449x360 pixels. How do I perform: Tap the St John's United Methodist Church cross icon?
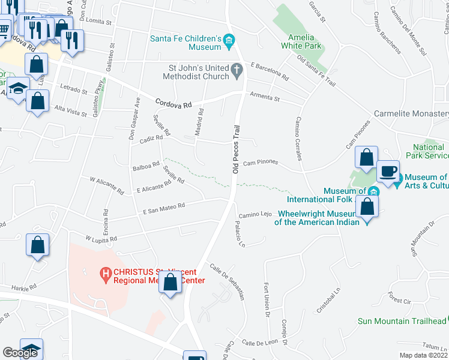(237, 71)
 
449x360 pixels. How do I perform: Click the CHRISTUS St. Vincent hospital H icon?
(106, 275)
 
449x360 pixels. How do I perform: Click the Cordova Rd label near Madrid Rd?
(173, 104)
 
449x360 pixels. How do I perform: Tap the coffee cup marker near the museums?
(388, 171)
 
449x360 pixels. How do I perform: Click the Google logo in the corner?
(20, 353)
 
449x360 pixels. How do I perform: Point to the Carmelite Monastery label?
(411, 114)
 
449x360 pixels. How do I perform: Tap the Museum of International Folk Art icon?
(373, 191)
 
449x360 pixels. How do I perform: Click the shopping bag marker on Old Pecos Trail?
(171, 282)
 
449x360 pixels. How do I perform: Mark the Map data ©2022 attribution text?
(424, 355)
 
